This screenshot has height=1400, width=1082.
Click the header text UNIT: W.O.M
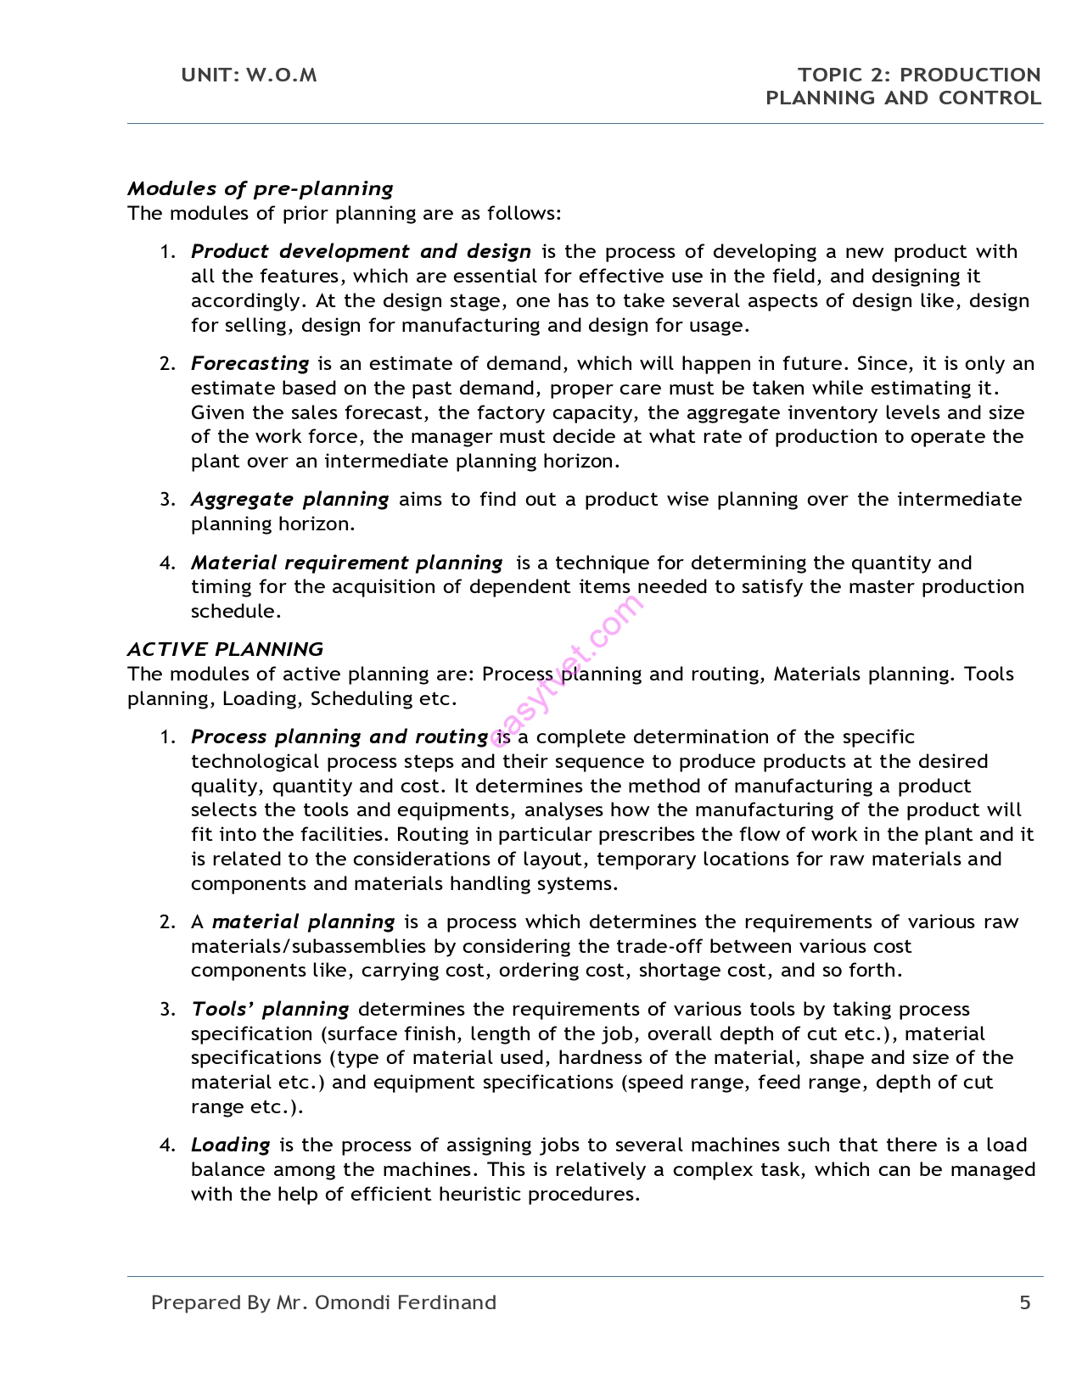[x=249, y=75]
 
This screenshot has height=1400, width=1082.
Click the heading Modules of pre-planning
[x=260, y=188]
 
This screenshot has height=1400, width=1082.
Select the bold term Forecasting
[x=249, y=363]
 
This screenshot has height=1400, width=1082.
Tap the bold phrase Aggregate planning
[x=289, y=499]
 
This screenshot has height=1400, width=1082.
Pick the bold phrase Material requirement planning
[x=346, y=563]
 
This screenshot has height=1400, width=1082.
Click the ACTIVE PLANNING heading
[x=225, y=649]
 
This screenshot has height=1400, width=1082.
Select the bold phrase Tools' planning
[x=270, y=1009]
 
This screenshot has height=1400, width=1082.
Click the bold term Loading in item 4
[x=230, y=1145]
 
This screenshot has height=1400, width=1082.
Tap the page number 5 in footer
[x=1024, y=1302]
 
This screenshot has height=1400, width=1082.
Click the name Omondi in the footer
[x=348, y=1302]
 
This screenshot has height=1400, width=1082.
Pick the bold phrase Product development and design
[x=361, y=251]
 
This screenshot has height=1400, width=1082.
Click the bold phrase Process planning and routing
[x=339, y=736]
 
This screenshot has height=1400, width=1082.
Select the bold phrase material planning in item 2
[x=303, y=921]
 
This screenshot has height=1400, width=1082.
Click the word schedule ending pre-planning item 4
[x=234, y=611]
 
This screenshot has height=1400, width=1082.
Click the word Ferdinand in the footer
[x=441, y=1302]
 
